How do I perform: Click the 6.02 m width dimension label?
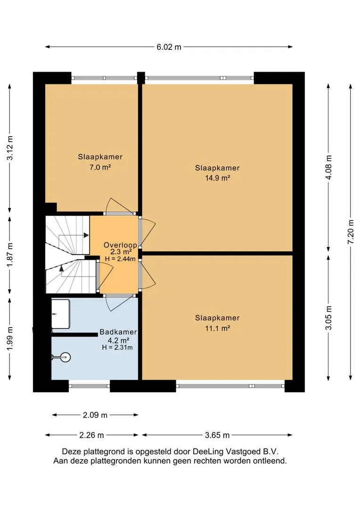click(169, 47)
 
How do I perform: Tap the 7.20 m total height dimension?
click(351, 232)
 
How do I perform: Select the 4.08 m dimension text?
click(328, 167)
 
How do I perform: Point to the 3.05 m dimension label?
click(328, 318)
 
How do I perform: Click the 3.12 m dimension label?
click(10, 148)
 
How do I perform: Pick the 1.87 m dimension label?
click(10, 254)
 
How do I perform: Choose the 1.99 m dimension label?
click(10, 338)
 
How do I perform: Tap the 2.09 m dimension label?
click(95, 415)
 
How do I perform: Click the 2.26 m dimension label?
click(91, 435)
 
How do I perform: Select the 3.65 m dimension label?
click(217, 435)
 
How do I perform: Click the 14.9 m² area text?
click(218, 178)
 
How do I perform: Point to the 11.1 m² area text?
click(218, 328)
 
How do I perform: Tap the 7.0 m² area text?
click(100, 167)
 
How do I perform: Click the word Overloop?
click(120, 245)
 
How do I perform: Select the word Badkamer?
click(118, 332)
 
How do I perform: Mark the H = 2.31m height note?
click(117, 348)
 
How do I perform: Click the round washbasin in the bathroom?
click(65, 357)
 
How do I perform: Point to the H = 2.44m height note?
click(120, 259)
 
